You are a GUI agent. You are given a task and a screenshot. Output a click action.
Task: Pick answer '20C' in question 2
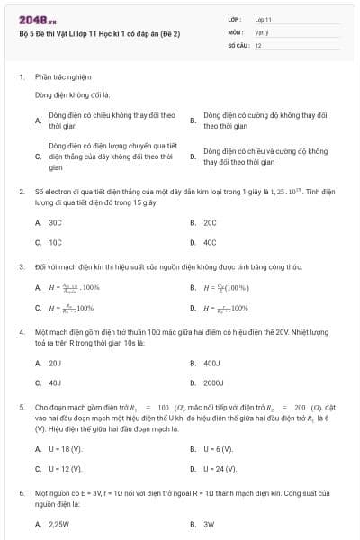coord(210,222)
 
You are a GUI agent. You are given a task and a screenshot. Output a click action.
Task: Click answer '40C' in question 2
coord(210,242)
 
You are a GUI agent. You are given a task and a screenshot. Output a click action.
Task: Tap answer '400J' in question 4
coord(212,363)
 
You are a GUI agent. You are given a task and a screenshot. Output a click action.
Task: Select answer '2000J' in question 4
coord(214,382)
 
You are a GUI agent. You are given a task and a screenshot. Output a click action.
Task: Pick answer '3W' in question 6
coord(209,524)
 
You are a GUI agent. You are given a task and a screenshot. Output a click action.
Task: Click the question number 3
coord(22,267)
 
